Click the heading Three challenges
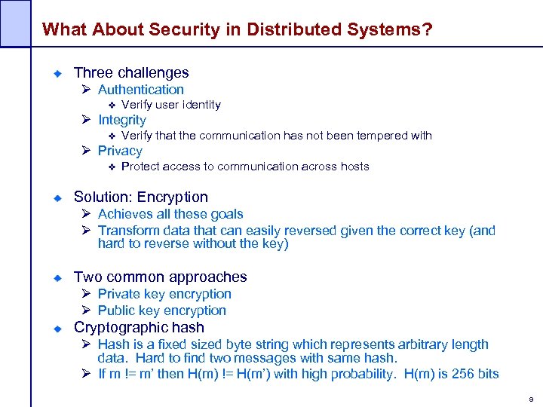[x=131, y=73]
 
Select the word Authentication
[x=141, y=90]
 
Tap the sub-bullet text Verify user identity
[x=170, y=105]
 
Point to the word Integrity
[x=122, y=120]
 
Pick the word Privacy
[x=120, y=151]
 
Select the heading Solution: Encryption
[x=140, y=197]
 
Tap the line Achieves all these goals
[x=170, y=215]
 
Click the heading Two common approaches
[x=160, y=277]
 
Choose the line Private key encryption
[x=164, y=294]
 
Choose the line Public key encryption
[x=162, y=311]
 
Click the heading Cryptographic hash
[x=139, y=328]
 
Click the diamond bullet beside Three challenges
[x=57, y=74]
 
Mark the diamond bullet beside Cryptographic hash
[x=57, y=329]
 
